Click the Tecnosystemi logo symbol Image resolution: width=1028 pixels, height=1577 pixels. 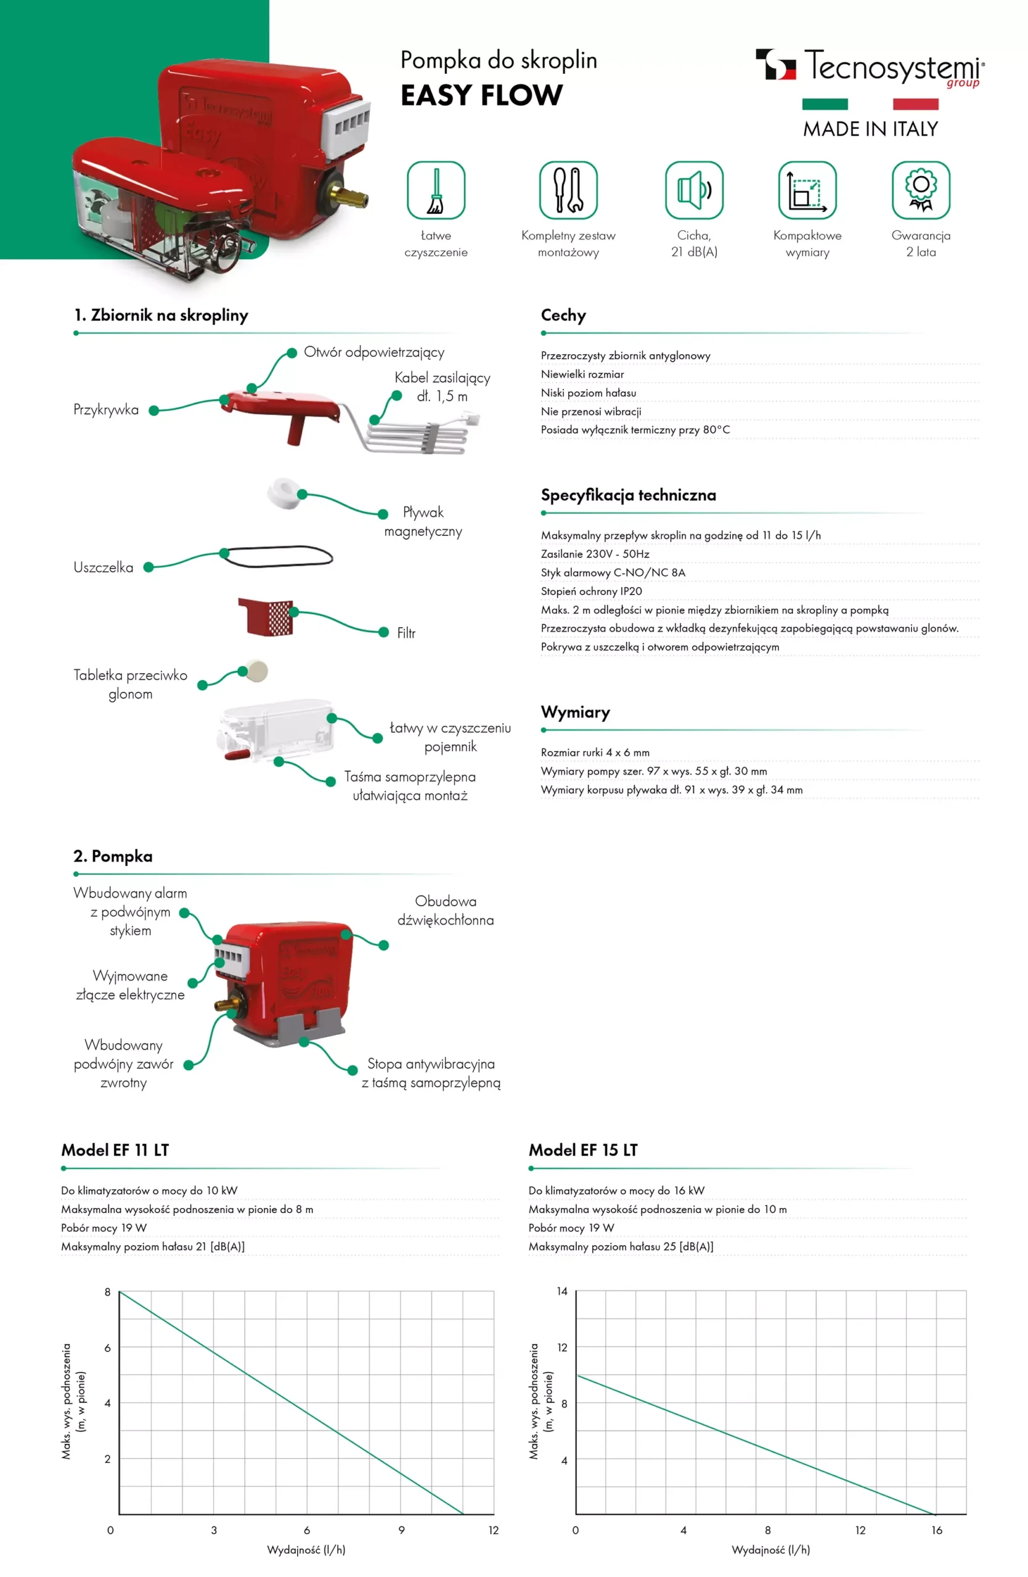775,64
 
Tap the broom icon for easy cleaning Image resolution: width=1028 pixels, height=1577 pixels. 436,190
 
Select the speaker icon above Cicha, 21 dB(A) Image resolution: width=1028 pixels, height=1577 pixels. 693,190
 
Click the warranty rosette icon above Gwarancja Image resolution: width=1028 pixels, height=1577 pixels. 920,190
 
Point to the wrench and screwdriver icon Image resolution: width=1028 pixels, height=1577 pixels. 568,190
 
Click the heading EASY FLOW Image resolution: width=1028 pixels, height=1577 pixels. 481,95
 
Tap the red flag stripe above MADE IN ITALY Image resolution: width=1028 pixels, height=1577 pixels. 915,104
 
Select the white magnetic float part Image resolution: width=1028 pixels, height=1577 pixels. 284,493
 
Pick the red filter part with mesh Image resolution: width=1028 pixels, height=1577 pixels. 266,616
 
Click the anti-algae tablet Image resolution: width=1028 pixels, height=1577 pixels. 256,671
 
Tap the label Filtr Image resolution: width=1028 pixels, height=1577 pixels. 406,633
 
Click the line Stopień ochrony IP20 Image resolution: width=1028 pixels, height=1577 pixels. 590,591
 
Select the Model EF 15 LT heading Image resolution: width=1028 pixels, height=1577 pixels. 582,1149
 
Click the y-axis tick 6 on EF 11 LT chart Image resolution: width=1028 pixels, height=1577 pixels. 107,1347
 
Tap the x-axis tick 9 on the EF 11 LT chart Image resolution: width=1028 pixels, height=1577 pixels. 401,1530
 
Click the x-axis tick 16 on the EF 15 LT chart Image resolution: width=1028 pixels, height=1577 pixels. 936,1530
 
